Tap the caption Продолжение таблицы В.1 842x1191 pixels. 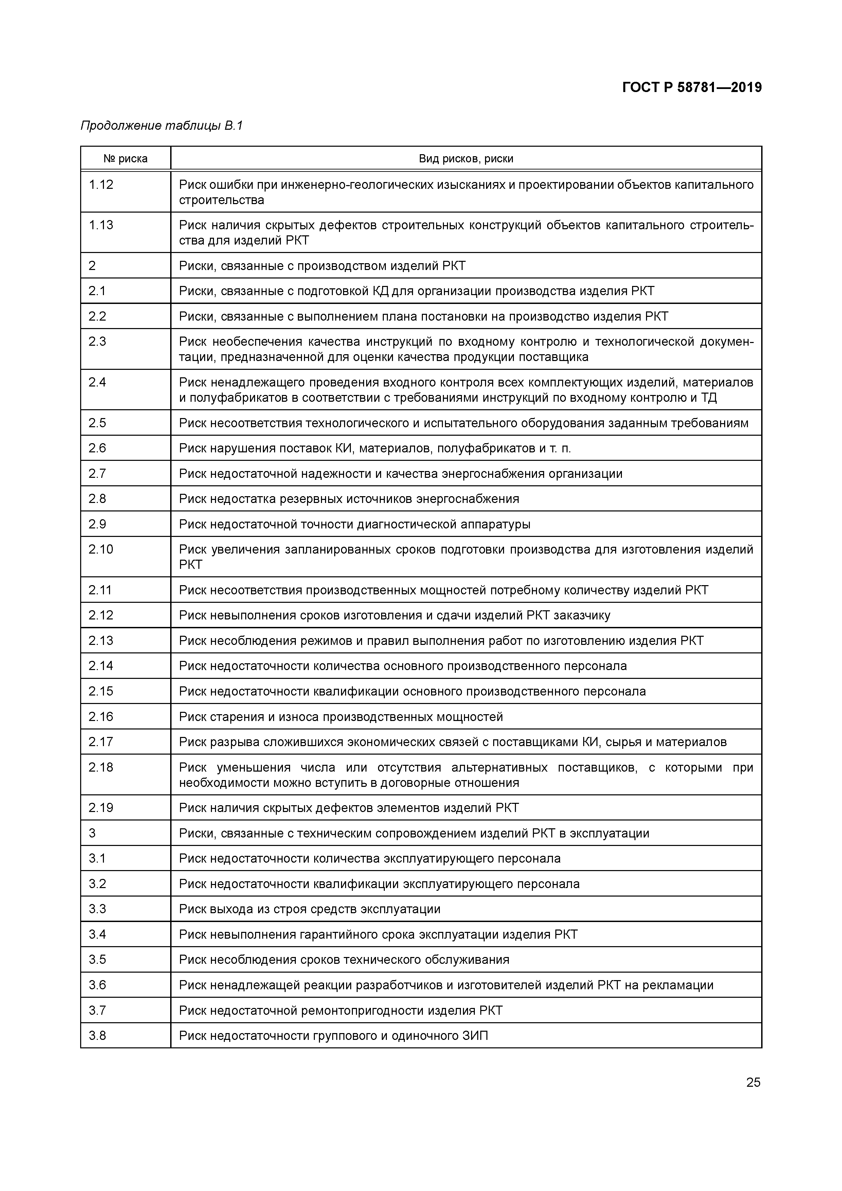[x=161, y=126]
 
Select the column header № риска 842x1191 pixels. [x=126, y=159]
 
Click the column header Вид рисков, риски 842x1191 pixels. [x=466, y=159]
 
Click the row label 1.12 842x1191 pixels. [x=101, y=185]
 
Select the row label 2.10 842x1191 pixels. [x=101, y=549]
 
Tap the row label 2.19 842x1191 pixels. [x=101, y=808]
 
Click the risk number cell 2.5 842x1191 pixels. [x=97, y=423]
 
